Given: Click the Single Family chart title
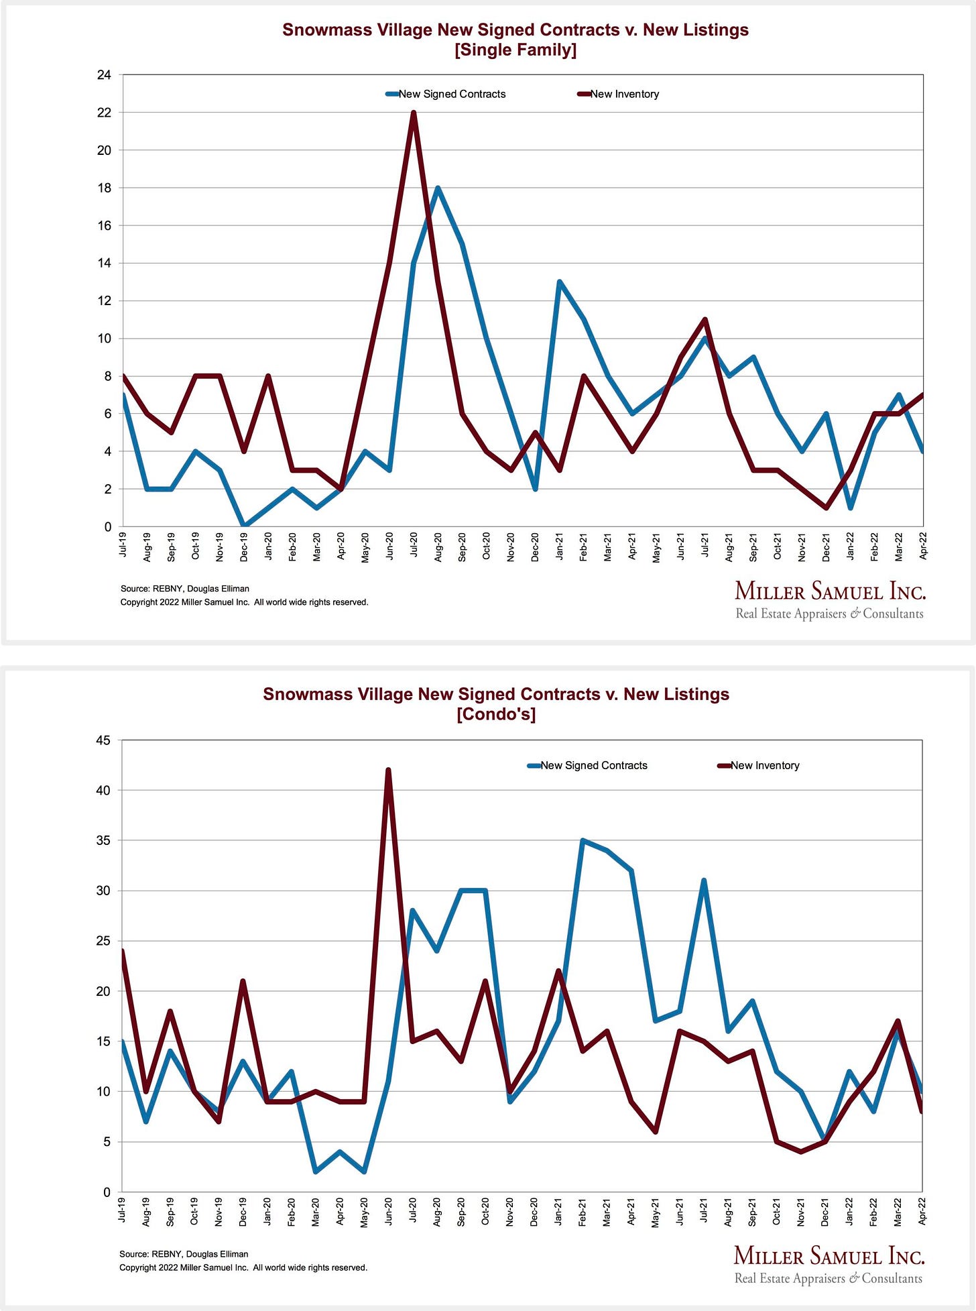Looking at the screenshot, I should [515, 40].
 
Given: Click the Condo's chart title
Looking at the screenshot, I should [496, 703].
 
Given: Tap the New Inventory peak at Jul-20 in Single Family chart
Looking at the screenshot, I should [414, 113].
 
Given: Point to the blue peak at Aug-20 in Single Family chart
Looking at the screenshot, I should [438, 188].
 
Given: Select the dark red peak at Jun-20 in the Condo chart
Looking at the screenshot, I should [388, 770].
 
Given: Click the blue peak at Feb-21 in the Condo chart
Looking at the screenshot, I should [583, 840].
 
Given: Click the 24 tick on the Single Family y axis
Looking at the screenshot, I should [104, 74].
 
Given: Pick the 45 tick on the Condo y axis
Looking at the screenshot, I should [103, 740].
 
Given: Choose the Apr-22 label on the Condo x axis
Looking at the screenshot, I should [922, 1211].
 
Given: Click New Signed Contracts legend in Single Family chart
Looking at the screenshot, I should [451, 94].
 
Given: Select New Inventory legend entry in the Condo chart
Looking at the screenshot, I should [764, 765].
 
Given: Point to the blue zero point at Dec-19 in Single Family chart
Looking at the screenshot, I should [244, 526].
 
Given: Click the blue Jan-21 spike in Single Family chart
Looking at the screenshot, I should [559, 282].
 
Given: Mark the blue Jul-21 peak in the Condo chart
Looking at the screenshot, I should [704, 880].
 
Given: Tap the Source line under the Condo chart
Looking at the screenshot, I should [184, 1253].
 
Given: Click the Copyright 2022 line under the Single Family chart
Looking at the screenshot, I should [244, 602].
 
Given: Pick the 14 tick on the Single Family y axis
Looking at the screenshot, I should [104, 263].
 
